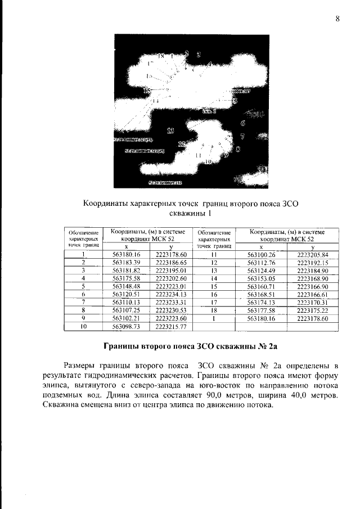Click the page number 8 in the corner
pos(337,19)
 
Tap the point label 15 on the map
pos(147,90)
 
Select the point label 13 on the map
pos(170,130)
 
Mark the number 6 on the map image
pos(242,123)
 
